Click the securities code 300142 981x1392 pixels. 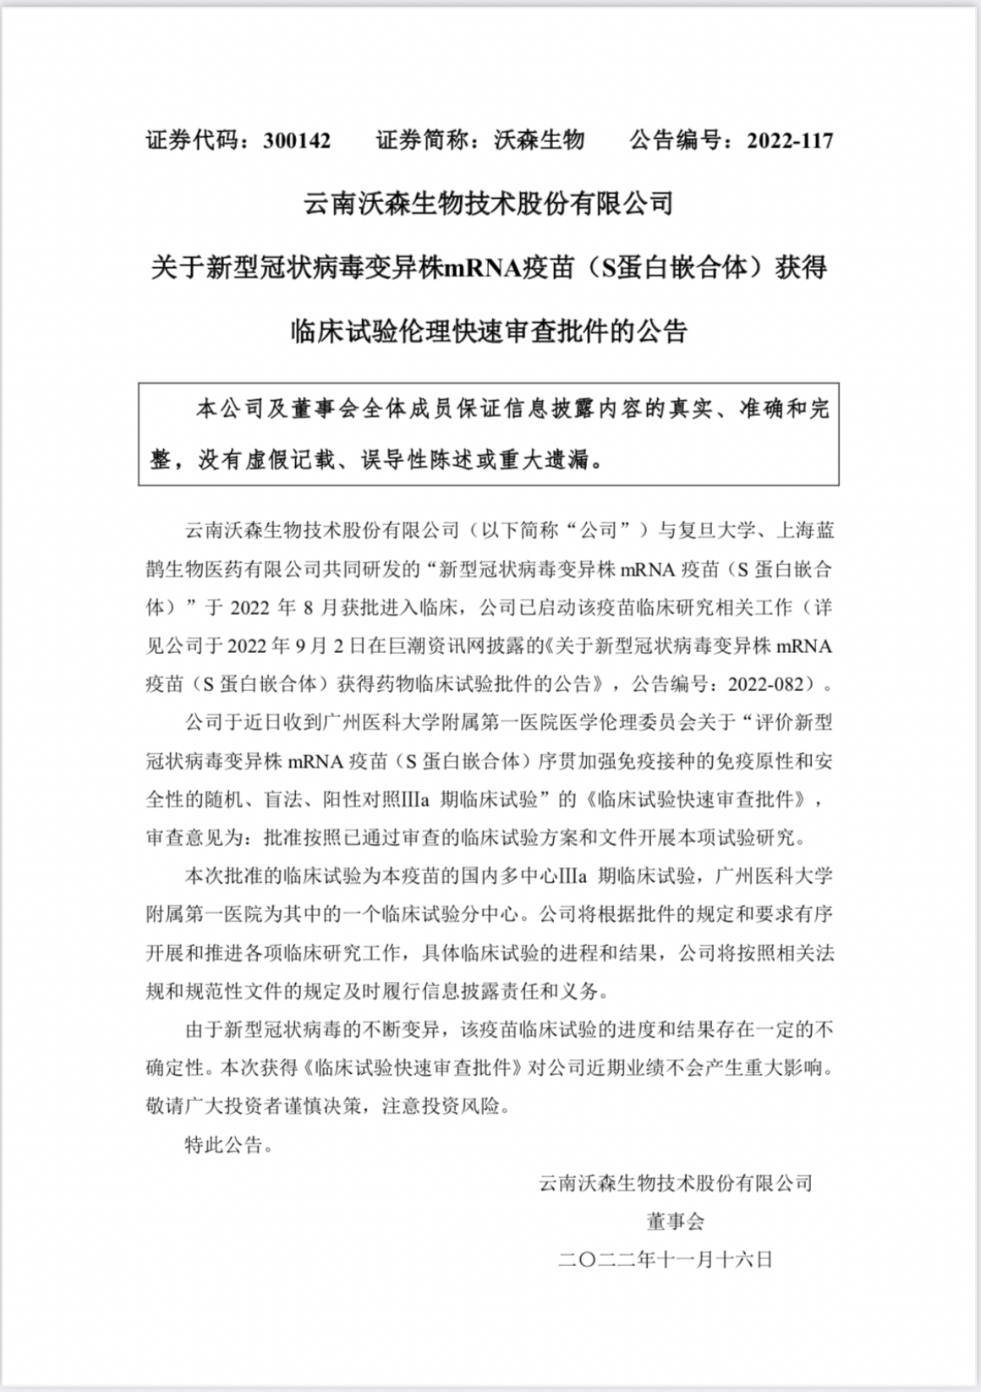pyautogui.click(x=297, y=140)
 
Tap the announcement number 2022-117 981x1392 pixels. pyautogui.click(x=790, y=140)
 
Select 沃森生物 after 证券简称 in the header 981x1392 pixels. pyautogui.click(x=539, y=140)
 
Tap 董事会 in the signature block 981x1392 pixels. pyautogui.click(x=675, y=1221)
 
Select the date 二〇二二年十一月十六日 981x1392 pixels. pyautogui.click(x=666, y=1259)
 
